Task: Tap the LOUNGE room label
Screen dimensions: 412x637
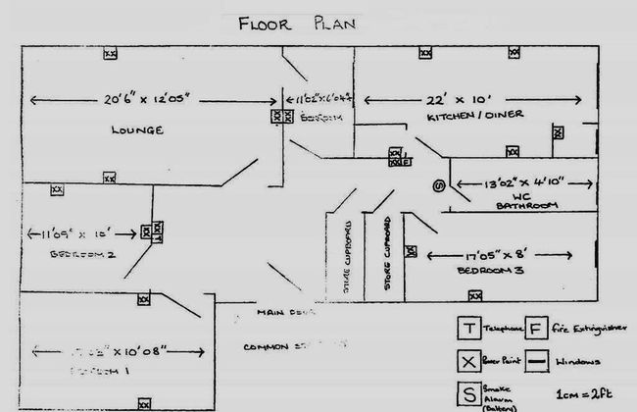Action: point(136,129)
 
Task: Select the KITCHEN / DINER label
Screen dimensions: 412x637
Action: point(475,116)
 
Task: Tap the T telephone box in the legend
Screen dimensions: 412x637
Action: point(470,328)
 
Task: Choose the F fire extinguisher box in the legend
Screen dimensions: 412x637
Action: point(537,328)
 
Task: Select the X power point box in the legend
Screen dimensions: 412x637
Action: point(470,360)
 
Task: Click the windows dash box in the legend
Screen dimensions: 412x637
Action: point(537,360)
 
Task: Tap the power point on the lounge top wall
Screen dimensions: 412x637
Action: point(111,53)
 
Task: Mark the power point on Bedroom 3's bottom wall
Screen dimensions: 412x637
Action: point(474,294)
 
